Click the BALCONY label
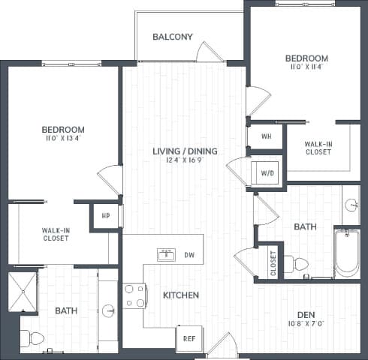pos(173,37)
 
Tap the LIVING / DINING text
pos(185,151)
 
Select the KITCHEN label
pos(181,295)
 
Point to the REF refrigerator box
pos(189,338)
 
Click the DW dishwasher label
pos(189,256)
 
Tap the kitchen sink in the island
pos(166,255)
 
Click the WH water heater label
pos(266,137)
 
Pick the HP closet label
pos(106,216)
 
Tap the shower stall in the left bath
pos(22,292)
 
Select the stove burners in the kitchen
pos(134,295)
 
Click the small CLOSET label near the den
pos(273,262)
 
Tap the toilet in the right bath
pos(297,263)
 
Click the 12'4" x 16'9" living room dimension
pos(185,160)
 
